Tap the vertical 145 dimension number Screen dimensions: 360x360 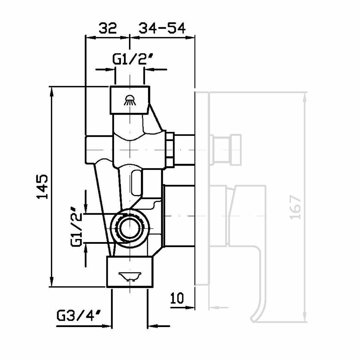coord(42,186)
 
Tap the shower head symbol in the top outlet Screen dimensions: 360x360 coord(130,100)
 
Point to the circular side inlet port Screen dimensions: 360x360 coord(130,226)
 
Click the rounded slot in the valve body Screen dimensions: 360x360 coord(137,181)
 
